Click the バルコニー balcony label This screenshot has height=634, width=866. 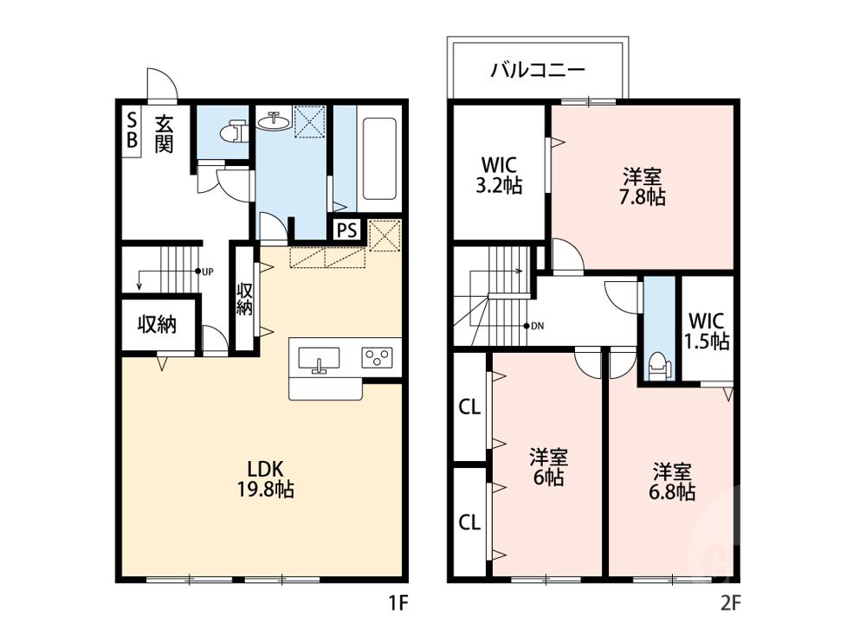538,70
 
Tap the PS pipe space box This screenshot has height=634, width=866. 347,229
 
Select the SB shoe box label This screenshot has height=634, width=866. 132,130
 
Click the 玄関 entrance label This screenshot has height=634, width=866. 164,134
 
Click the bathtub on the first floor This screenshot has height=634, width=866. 379,159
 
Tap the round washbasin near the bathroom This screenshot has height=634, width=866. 274,120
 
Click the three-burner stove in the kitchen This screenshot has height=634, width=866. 378,357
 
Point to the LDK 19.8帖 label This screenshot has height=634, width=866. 266,479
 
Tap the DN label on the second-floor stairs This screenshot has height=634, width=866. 537,326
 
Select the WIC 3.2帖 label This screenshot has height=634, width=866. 499,175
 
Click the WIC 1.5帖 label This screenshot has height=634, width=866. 707,331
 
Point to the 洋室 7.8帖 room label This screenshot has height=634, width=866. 643,187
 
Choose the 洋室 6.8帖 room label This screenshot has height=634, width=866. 672,482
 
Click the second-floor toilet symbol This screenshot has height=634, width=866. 659,365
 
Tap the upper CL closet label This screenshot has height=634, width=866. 469,407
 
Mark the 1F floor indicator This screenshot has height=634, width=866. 397,603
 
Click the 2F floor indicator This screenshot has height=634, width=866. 730,603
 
